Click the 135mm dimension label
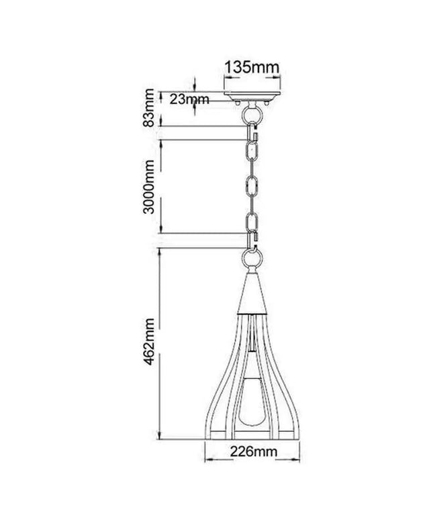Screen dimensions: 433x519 point(252,67)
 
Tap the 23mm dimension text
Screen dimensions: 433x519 point(189,99)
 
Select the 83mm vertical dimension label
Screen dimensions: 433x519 point(149,107)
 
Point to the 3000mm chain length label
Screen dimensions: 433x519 point(149,187)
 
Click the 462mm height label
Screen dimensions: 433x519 point(149,341)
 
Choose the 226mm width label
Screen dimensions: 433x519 point(254,451)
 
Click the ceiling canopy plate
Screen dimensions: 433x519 point(252,95)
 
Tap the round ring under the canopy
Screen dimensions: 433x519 point(252,115)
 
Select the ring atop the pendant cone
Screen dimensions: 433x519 point(252,259)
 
